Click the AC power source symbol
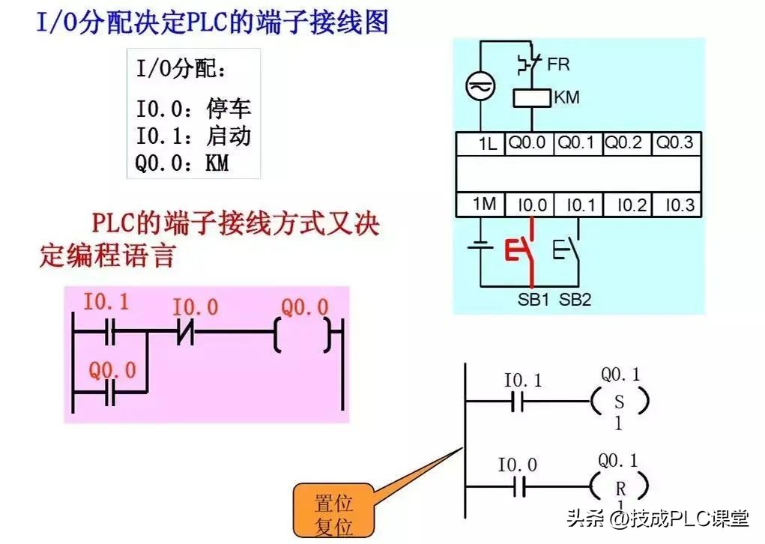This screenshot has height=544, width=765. pyautogui.click(x=477, y=88)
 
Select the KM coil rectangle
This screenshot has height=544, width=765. pyautogui.click(x=532, y=97)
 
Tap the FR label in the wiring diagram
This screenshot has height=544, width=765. pyautogui.click(x=558, y=64)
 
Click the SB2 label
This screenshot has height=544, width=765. pyautogui.click(x=575, y=300)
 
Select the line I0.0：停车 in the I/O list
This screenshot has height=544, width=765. pyautogui.click(x=193, y=109)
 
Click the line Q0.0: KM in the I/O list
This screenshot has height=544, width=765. pyautogui.click(x=182, y=162)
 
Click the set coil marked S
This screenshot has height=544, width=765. pyautogui.click(x=619, y=402)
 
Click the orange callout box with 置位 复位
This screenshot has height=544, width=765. pyautogui.click(x=333, y=513)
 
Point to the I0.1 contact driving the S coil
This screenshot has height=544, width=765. pyautogui.click(x=517, y=402)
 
